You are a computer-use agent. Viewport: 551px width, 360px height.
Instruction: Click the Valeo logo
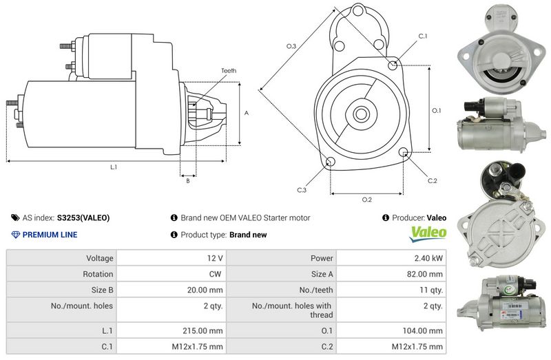point(428,234)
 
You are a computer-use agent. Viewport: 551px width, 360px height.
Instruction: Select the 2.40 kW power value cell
point(428,258)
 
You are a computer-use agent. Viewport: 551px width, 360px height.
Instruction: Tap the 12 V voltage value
point(215,258)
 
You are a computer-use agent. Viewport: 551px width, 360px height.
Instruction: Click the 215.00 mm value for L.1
point(206,330)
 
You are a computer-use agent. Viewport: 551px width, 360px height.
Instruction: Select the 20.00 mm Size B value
point(206,289)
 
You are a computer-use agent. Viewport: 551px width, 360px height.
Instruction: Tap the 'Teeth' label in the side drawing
point(229,71)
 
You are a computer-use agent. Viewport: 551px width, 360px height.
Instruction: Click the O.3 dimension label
point(291,47)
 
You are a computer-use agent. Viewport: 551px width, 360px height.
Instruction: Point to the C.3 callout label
point(302,190)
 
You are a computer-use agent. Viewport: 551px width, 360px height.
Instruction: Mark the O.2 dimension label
point(367,200)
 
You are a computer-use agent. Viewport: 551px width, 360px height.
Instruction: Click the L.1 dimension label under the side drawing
point(114,167)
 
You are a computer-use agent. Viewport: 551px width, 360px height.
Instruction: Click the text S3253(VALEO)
point(83,218)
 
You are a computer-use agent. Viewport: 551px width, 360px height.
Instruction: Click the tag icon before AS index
point(15,218)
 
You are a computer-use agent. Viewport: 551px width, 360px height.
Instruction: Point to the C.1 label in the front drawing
point(423,36)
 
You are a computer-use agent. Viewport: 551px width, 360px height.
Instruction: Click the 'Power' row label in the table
point(322,258)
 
